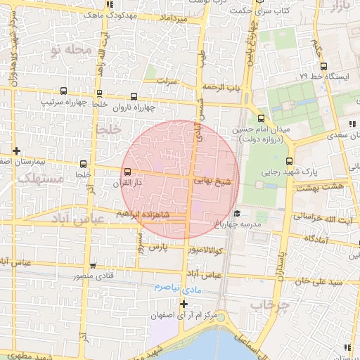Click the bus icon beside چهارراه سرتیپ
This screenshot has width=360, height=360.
coord(65,91)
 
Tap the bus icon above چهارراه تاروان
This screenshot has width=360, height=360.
coord(134,96)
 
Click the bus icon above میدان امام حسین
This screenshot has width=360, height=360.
coord(261,118)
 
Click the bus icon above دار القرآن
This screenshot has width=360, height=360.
coord(127,172)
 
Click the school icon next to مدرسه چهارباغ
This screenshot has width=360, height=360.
coord(238,213)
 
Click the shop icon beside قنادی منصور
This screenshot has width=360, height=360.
coord(94,266)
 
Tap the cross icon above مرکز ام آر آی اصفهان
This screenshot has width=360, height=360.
coord(184,304)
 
